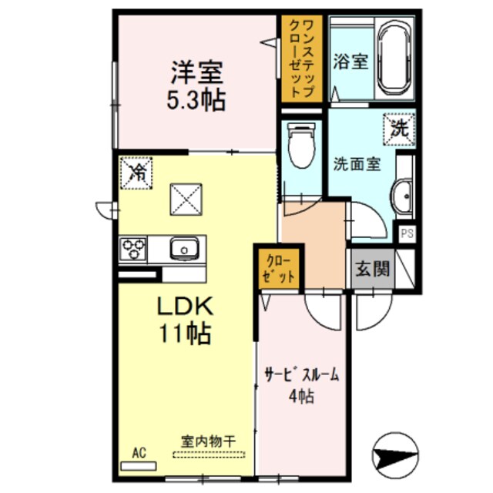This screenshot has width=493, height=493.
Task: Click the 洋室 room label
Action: (197, 73)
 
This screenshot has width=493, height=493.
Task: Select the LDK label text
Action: (185, 307)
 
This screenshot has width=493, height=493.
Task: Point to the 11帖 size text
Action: (186, 334)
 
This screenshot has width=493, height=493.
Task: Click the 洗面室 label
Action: (356, 164)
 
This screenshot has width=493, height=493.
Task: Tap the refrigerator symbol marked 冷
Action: (137, 171)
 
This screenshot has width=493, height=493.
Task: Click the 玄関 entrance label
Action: (371, 270)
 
